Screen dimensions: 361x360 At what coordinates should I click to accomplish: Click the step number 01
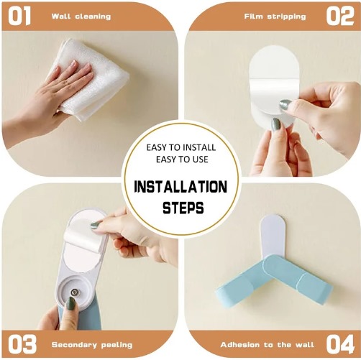pos(19,16)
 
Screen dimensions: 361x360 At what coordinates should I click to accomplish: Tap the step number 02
pos(340,16)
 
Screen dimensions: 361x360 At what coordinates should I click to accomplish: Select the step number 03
pos(22,344)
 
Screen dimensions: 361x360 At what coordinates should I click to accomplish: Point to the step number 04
pos(340,344)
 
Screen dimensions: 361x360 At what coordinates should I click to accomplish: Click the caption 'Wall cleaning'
pos(81,17)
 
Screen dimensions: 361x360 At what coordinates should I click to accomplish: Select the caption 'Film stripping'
pos(275,17)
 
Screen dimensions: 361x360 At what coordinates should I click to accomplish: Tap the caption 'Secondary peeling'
pos(92,345)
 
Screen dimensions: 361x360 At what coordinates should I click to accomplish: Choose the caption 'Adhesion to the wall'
pos(267,345)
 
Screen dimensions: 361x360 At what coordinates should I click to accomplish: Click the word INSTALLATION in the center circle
pos(180,187)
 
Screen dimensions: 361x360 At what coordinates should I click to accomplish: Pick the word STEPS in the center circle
pos(183,208)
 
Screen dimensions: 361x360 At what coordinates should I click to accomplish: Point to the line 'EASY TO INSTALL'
pos(181,147)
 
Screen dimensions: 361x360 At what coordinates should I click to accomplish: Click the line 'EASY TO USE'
pos(182,160)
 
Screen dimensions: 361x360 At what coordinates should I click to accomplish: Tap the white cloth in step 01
pos(91,79)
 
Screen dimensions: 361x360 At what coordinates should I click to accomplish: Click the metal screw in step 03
pos(73,292)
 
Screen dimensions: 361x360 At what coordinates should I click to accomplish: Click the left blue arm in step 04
pos(242,282)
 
